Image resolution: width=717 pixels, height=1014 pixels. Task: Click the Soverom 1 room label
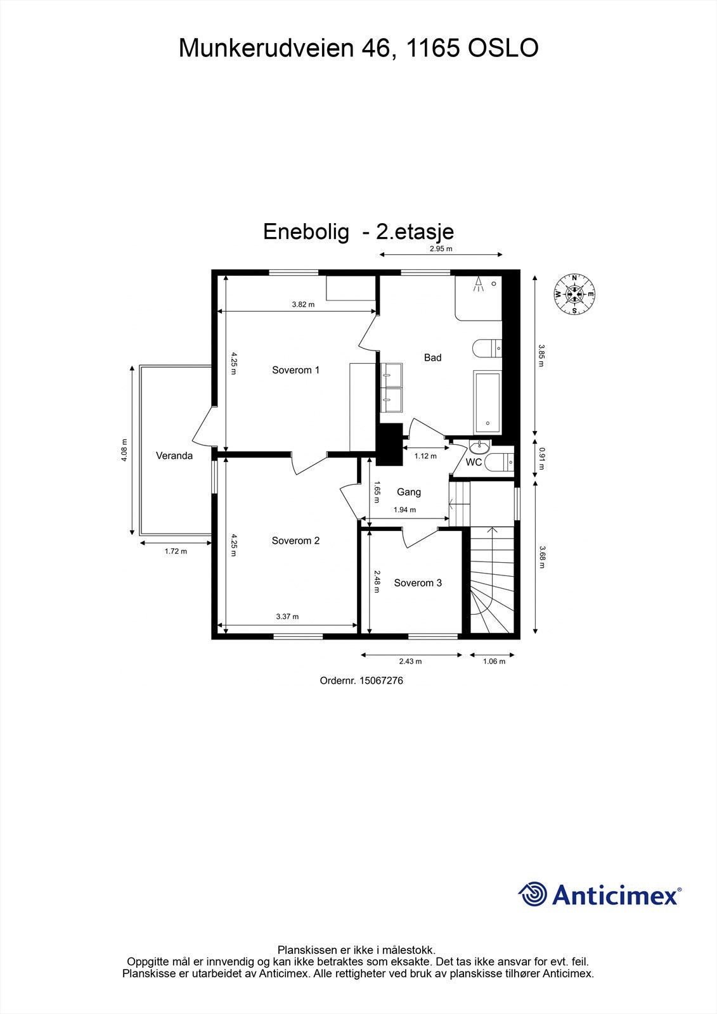(295, 370)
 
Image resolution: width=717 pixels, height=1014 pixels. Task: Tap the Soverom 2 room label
(295, 541)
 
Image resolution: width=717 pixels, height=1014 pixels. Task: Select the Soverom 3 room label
(418, 583)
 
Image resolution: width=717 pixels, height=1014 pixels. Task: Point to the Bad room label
(432, 358)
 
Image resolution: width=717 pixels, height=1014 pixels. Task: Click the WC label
(474, 463)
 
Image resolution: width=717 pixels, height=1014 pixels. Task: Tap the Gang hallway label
(409, 492)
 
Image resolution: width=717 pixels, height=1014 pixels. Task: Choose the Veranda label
(174, 456)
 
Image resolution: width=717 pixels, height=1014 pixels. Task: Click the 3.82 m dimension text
(303, 304)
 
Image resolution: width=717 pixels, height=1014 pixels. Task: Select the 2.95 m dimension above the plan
(441, 249)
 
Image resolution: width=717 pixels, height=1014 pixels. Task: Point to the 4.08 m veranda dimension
(124, 450)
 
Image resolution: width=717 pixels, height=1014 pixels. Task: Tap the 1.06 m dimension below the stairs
(494, 662)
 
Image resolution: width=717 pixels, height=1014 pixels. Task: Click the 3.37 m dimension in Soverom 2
(287, 617)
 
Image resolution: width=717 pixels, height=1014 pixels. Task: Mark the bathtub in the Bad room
(486, 402)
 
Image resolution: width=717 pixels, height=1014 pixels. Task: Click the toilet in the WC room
(501, 463)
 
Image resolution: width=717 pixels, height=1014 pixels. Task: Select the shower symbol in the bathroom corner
(479, 284)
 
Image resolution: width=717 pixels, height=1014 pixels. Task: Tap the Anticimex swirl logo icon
(533, 894)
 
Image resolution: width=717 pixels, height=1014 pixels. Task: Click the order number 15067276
(381, 681)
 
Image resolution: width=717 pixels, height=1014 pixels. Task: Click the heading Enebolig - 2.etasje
(358, 232)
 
